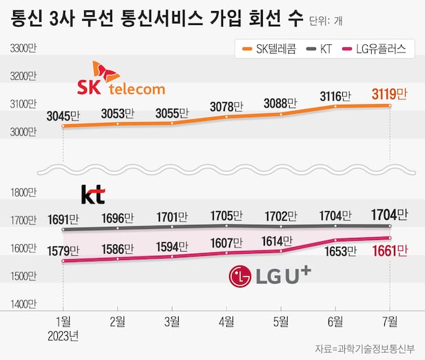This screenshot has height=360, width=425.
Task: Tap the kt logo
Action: pos(93,194)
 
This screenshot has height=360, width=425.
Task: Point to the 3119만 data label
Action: pos(391,94)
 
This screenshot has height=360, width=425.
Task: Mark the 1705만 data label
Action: pos(228,211)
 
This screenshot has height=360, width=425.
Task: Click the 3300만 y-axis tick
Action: pos(23,48)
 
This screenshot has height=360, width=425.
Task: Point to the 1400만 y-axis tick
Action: pos(23,303)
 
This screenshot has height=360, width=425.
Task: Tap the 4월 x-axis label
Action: pos(227,320)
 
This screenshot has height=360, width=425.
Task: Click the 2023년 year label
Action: pos(63,336)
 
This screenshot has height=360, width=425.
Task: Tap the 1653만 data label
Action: pos(335,252)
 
